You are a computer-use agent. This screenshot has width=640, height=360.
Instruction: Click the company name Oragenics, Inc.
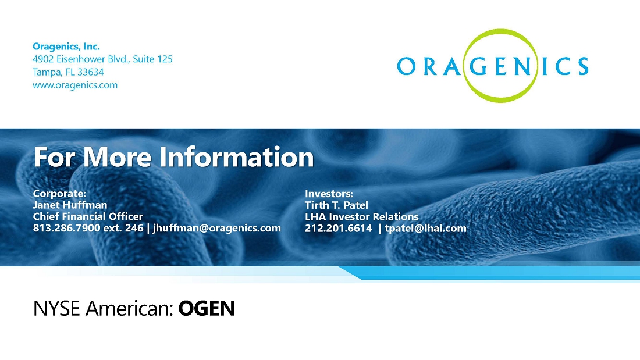(66, 47)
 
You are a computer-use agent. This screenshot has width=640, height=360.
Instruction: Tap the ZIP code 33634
(91, 72)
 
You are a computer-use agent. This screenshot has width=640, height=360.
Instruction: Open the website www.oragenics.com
(75, 85)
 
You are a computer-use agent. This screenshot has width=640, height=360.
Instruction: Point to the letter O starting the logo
(406, 66)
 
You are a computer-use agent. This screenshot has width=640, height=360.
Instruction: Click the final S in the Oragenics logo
(582, 66)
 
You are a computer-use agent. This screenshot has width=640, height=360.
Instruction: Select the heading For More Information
(174, 156)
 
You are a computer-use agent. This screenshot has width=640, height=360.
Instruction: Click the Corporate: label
(59, 194)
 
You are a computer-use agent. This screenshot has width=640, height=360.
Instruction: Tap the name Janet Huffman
(70, 205)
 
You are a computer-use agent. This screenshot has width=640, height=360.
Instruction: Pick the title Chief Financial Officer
(88, 216)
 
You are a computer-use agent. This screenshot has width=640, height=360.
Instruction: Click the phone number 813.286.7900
(66, 228)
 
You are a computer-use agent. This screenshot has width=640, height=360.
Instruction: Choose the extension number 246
(134, 228)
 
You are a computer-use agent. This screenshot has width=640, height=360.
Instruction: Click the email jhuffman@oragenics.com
(217, 228)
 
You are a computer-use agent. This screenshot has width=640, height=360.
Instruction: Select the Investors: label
(329, 194)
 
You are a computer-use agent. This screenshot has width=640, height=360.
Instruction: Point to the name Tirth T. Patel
(336, 205)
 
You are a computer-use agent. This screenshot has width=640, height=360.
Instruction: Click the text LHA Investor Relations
(362, 216)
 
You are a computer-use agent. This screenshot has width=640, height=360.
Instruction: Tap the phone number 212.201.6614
(339, 228)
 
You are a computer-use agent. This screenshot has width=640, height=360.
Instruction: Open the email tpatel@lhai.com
(426, 228)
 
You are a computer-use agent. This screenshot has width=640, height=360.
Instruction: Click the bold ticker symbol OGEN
(207, 309)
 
